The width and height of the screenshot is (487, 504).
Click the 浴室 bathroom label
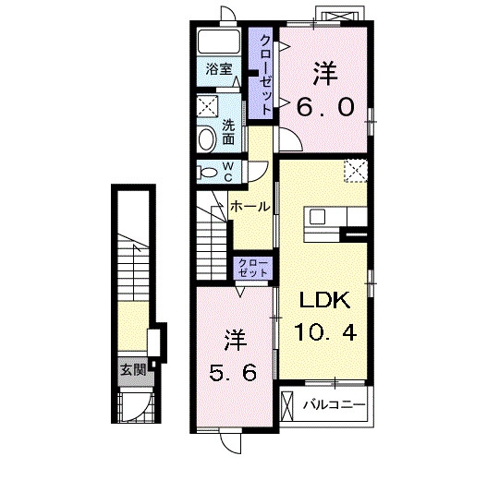point(219,69)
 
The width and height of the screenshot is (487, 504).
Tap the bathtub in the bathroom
point(219,42)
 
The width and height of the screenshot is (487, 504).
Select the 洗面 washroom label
point(228,131)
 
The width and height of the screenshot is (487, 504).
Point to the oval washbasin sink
point(207,138)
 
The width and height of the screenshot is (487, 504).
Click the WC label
point(228,172)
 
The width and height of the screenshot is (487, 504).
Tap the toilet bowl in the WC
point(208,172)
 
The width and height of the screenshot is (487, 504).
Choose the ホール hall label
point(250,206)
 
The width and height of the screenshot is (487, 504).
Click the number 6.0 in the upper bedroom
point(325,107)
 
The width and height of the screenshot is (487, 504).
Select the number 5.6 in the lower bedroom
point(233,373)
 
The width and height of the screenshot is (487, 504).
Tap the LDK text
point(324,300)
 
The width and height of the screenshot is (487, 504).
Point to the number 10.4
point(325,332)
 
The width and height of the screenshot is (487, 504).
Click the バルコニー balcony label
point(335,404)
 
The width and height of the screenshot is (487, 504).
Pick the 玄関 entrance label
point(133,370)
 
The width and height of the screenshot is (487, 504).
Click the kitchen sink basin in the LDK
point(317,217)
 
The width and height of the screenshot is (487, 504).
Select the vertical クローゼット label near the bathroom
point(265,75)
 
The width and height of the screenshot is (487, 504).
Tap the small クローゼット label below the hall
point(253,268)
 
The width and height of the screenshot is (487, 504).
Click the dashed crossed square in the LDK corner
point(356,171)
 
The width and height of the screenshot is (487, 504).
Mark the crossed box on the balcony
point(286,406)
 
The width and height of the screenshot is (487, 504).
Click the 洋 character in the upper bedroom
point(325,74)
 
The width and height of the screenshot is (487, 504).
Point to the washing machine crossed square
point(208,106)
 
